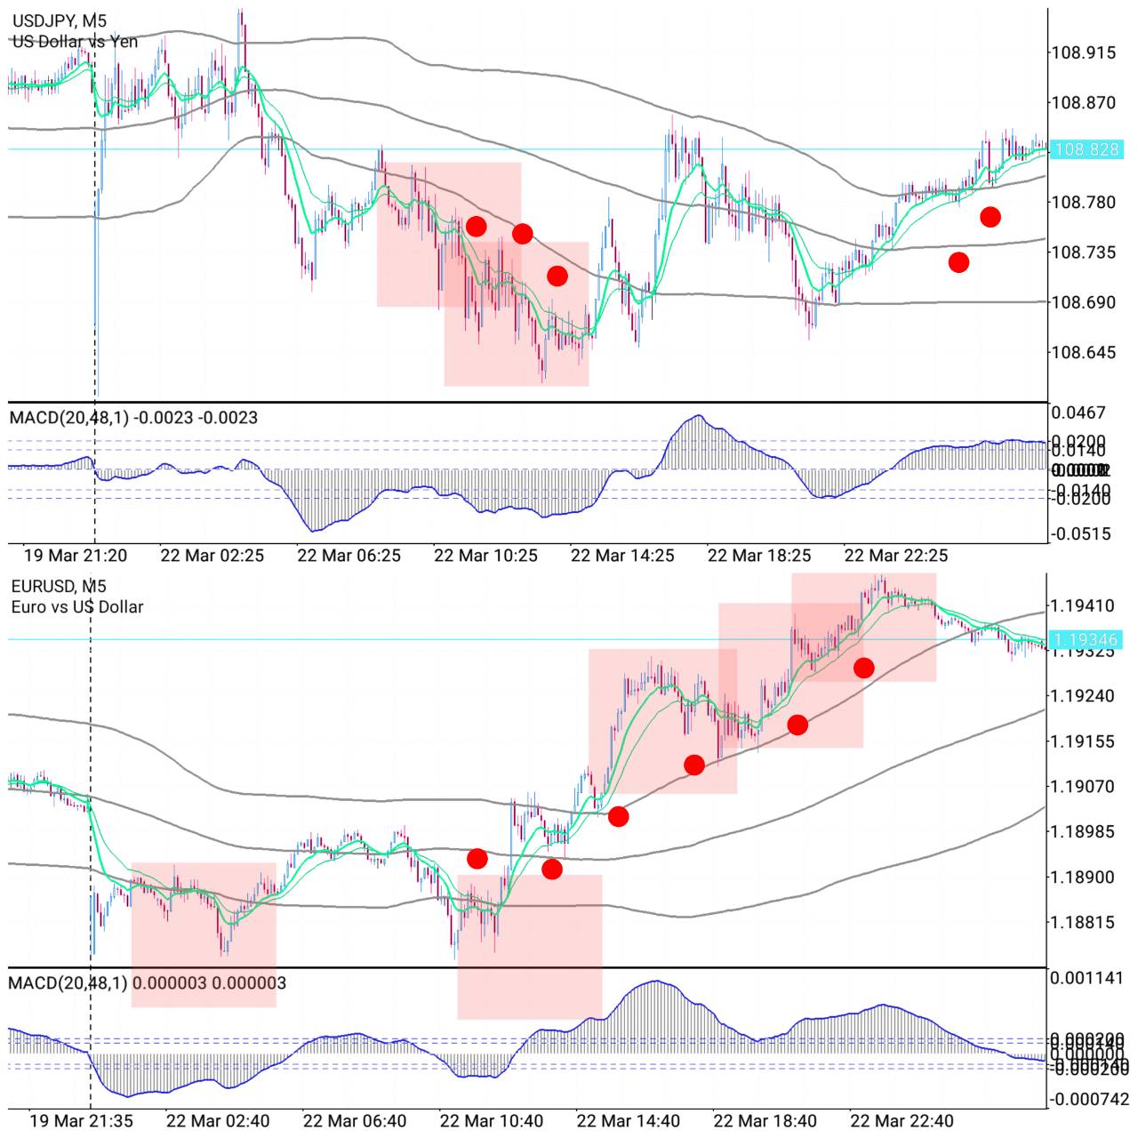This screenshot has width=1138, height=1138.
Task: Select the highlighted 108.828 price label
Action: coord(1086,149)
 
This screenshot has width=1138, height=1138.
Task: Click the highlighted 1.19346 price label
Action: coord(1086,639)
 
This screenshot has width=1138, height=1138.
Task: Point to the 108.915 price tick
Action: coord(1083,53)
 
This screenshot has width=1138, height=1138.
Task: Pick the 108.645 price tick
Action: coord(1083,353)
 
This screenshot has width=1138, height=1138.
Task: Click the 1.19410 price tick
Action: coord(1082,606)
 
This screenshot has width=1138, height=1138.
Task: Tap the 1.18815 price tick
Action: coord(1082,923)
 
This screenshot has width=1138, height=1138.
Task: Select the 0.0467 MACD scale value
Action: coord(1078,413)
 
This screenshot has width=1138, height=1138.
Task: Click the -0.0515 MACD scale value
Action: coord(1080,534)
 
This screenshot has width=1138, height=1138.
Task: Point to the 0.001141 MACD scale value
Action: coord(1086,979)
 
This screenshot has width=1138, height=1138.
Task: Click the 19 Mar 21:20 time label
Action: coord(76,556)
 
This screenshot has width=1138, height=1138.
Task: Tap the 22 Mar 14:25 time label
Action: coord(622,556)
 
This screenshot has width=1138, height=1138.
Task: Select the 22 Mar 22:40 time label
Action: coord(902,1121)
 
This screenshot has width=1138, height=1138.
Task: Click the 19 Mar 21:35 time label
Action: coord(82,1121)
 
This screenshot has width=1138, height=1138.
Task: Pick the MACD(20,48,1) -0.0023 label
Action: coord(133,417)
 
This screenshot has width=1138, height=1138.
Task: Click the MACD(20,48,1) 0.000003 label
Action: coord(148,982)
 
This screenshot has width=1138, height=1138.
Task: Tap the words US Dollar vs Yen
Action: coord(75,41)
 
